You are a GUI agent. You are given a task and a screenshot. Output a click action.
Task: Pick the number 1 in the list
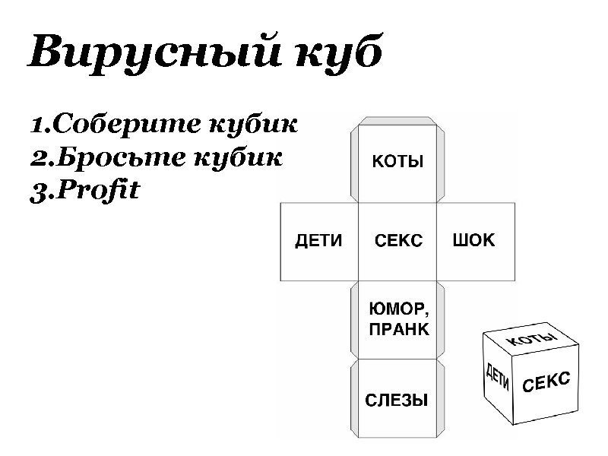tap(36, 124)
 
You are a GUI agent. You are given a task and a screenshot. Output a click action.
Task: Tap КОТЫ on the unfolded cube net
tap(397, 162)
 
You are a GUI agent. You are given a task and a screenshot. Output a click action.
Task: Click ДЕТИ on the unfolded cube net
tap(318, 241)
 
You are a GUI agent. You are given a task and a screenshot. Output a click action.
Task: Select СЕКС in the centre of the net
tap(398, 241)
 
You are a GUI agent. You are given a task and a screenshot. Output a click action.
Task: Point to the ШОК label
tap(473, 241)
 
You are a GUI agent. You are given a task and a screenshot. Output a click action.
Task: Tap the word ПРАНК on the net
tap(398, 330)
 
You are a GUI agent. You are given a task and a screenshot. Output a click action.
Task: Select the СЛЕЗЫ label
tap(397, 400)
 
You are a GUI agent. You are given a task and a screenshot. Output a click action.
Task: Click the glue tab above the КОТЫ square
tap(397, 120)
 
